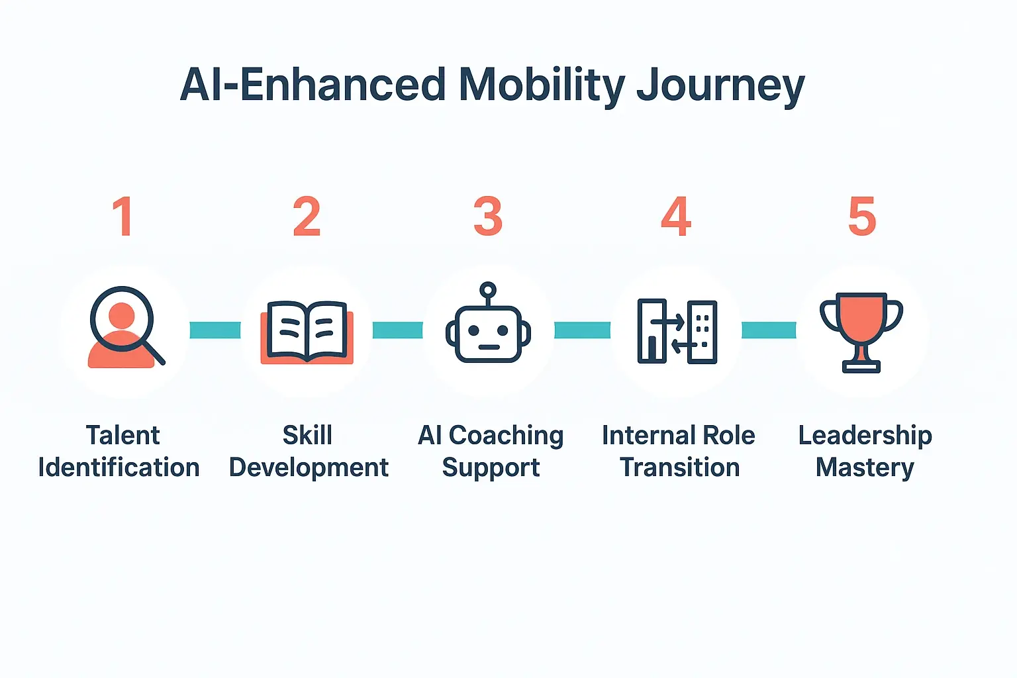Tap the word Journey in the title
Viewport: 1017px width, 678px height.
point(720,87)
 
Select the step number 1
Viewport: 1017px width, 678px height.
point(123,217)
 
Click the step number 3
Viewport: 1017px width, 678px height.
point(488,217)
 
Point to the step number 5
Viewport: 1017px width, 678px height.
point(862,217)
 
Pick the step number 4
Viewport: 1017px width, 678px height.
point(676,217)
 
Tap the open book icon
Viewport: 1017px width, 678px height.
point(307,332)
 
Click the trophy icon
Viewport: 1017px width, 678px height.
point(861,331)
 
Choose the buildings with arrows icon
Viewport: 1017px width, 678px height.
point(677,331)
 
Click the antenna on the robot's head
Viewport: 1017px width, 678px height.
point(488,291)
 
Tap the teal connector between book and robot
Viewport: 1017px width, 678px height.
point(397,330)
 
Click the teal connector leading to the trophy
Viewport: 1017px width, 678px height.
point(769,330)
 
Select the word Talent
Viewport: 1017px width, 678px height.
point(122,436)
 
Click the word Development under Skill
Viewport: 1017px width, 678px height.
point(309,467)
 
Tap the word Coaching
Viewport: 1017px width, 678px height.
point(506,436)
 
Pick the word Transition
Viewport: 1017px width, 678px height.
point(680,467)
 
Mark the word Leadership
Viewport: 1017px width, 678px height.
point(865,436)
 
